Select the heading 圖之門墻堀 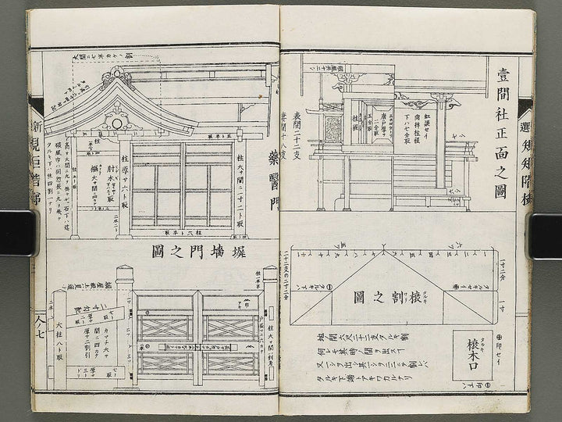coord(180,253)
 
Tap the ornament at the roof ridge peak coord(116,77)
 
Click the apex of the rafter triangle coord(382,249)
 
